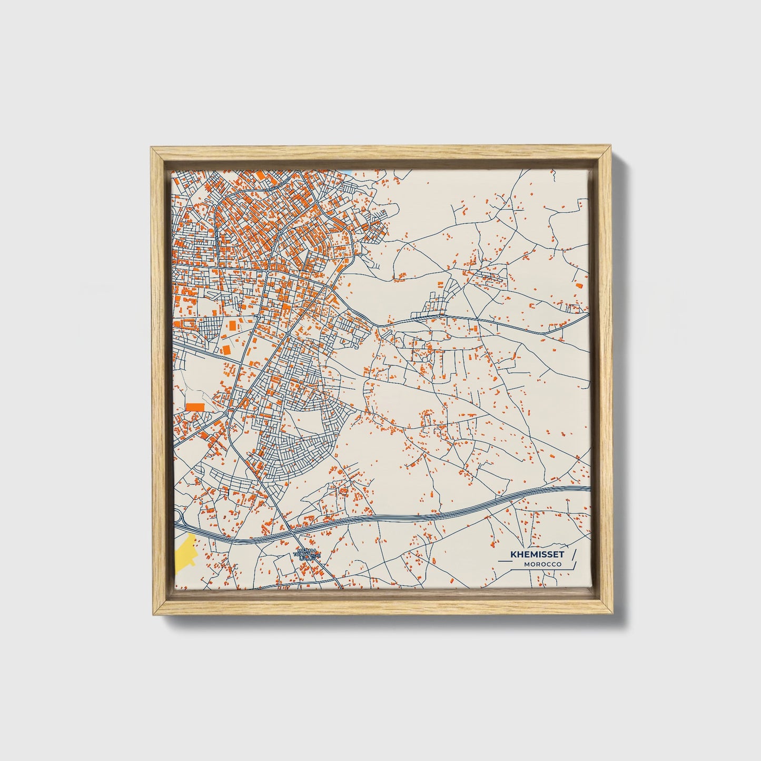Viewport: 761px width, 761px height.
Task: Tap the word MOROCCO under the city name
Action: [542, 565]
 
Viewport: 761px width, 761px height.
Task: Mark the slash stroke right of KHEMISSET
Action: [574, 555]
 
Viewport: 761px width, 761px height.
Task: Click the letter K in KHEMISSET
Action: [512, 555]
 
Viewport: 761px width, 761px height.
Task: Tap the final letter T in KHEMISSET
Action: [561, 555]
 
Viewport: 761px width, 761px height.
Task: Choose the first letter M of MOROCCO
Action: [527, 565]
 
